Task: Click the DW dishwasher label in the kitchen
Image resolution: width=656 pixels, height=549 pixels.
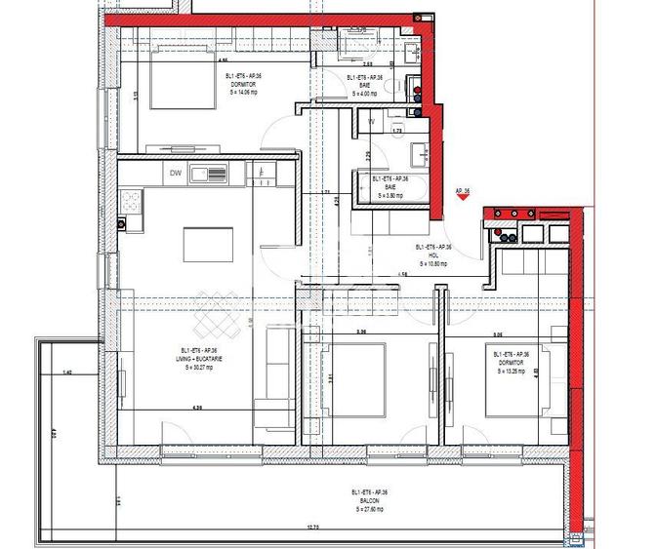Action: [176, 174]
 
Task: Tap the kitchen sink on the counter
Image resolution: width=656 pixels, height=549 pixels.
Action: [210, 175]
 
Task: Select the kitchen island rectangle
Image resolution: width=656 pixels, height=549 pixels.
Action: [208, 244]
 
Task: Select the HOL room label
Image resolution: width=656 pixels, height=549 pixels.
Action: [433, 256]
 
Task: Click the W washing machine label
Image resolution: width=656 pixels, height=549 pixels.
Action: [372, 123]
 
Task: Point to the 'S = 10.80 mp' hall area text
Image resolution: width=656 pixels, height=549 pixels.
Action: [433, 263]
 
